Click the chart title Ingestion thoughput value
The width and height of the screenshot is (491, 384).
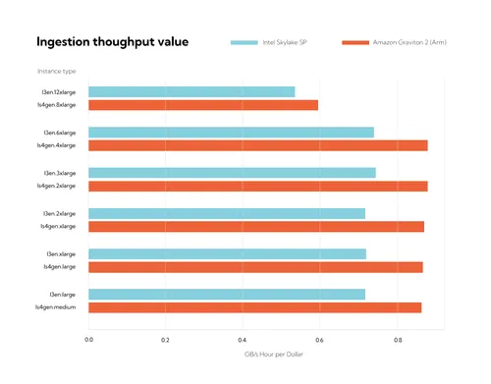click(x=112, y=42)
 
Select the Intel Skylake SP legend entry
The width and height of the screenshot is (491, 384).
click(x=266, y=43)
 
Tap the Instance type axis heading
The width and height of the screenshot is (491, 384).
click(x=56, y=72)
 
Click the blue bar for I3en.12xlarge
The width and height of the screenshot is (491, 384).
click(x=191, y=91)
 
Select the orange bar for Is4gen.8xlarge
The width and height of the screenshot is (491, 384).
click(x=203, y=105)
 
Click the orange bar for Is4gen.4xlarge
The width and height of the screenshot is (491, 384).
click(x=257, y=145)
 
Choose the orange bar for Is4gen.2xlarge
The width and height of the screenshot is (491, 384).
click(x=257, y=186)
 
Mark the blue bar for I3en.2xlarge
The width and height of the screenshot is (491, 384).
click(x=226, y=213)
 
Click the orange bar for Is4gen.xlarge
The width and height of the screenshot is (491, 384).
click(x=255, y=227)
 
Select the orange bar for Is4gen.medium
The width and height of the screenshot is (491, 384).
click(x=254, y=307)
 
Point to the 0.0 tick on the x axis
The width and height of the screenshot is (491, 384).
click(x=88, y=339)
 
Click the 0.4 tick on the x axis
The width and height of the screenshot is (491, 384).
click(x=243, y=339)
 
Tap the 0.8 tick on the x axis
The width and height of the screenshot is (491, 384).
click(x=398, y=339)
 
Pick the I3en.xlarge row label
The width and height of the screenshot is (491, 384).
click(x=61, y=253)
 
